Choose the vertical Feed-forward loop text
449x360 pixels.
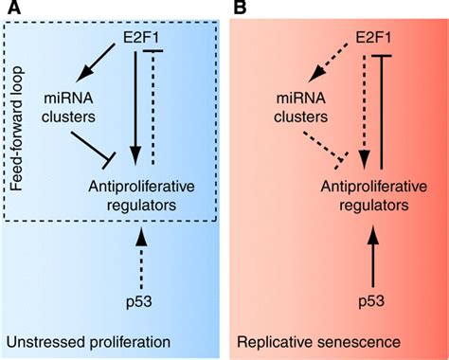(x=18, y=124)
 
